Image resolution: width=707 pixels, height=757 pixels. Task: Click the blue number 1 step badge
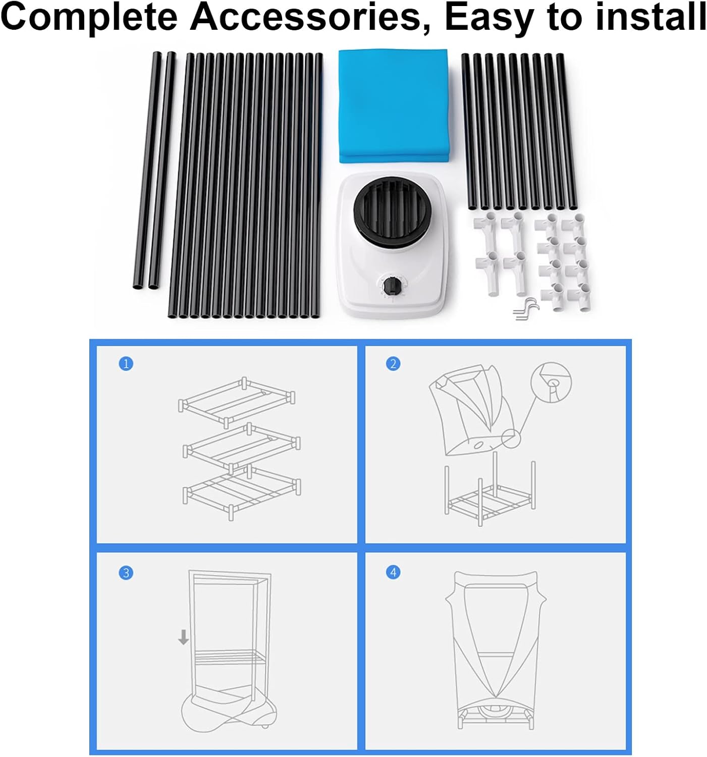[x=126, y=363]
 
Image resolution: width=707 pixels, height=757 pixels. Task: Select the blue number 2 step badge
[x=393, y=363]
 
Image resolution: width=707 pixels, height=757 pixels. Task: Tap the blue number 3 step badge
[x=126, y=573]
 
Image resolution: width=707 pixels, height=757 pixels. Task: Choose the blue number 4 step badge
[x=393, y=572]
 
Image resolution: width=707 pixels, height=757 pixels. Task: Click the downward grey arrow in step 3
[x=183, y=637]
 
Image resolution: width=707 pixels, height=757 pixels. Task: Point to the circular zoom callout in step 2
[x=551, y=381]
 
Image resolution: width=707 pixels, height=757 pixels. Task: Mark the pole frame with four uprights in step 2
[x=490, y=497]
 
